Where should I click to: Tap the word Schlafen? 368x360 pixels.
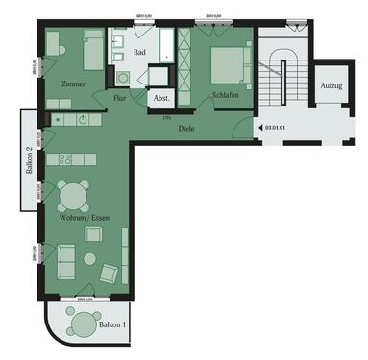(226, 97)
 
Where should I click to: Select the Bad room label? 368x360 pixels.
(139, 54)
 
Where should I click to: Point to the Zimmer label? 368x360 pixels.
(71, 84)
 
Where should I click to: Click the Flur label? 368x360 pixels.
(119, 98)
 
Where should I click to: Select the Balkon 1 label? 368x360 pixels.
(112, 326)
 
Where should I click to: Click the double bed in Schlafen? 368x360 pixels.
(228, 63)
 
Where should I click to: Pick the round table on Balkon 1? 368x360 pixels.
(84, 322)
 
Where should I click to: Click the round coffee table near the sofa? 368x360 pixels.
(90, 258)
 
